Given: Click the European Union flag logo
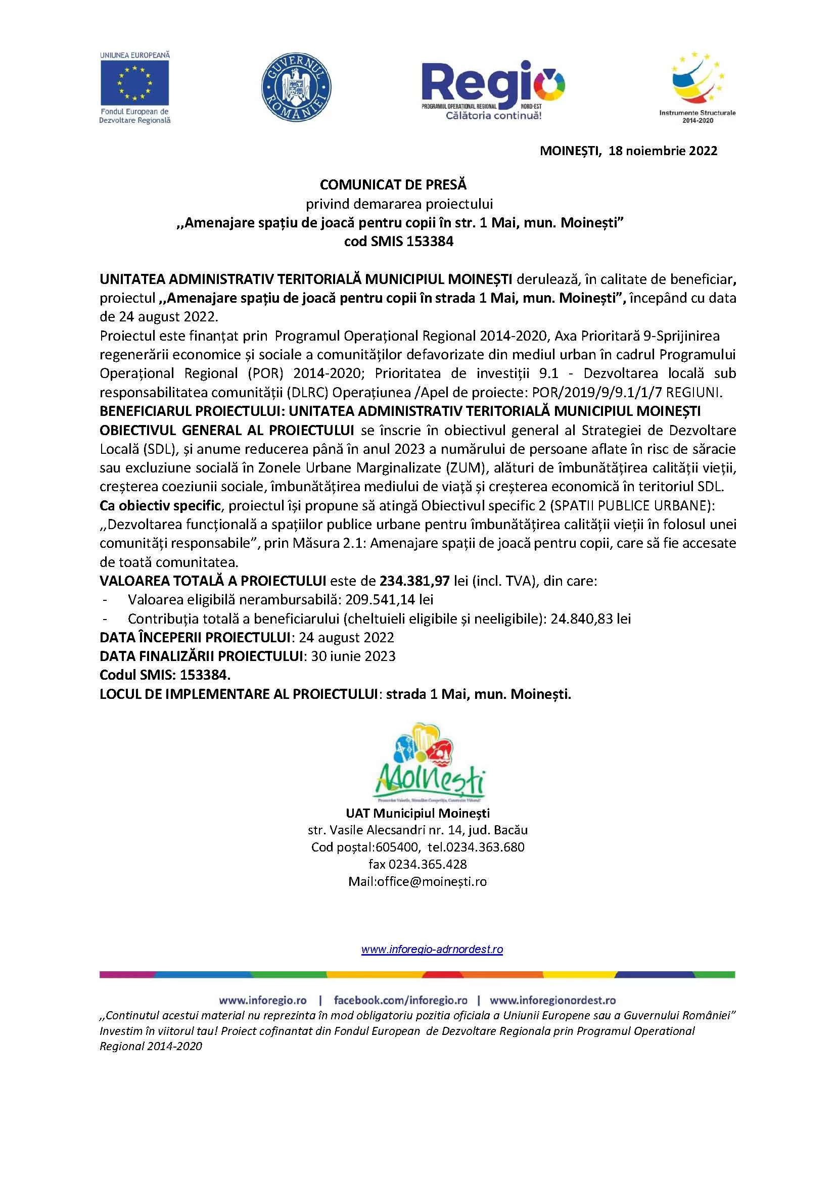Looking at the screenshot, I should [135, 83].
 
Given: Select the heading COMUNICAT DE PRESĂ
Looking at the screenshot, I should [393, 184].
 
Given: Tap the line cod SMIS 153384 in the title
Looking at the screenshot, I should [399, 242].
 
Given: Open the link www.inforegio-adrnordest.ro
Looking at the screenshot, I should [432, 950].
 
